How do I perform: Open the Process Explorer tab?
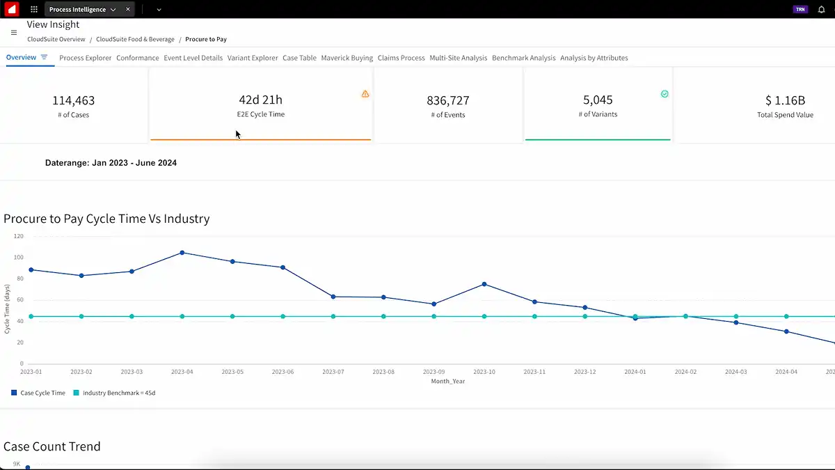click(85, 58)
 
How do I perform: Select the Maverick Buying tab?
click(347, 58)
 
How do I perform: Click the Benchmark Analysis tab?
click(523, 58)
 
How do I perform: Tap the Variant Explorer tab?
click(253, 58)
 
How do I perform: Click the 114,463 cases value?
click(73, 101)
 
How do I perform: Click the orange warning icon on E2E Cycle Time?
click(365, 94)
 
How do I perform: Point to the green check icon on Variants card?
click(665, 94)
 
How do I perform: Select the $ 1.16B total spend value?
click(785, 101)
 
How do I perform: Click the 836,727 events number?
click(448, 101)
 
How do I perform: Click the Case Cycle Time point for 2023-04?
click(182, 253)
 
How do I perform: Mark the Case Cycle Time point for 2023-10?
click(484, 284)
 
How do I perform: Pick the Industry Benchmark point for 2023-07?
click(333, 316)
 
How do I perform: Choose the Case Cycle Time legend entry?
click(42, 393)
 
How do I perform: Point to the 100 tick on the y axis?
click(18, 258)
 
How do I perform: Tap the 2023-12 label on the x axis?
click(584, 372)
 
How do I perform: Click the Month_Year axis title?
click(448, 381)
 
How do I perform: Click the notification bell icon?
click(821, 10)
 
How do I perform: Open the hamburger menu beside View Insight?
click(14, 32)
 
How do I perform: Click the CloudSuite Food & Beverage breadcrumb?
click(135, 40)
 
